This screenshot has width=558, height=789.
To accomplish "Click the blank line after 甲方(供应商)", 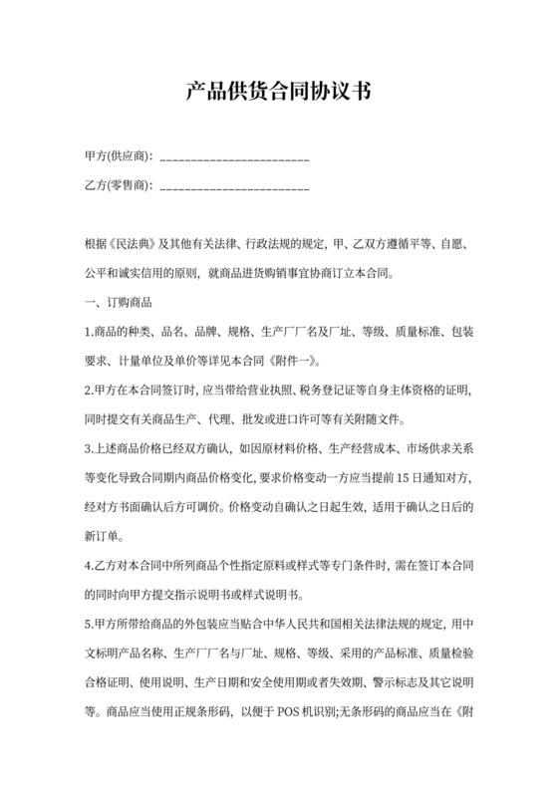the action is pos(234,157).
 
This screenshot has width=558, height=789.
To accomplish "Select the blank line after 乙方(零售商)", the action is pos(234,185).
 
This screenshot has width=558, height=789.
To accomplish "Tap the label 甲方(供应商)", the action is pos(119,156).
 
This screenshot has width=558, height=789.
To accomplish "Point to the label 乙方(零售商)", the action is pos(119,184).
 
